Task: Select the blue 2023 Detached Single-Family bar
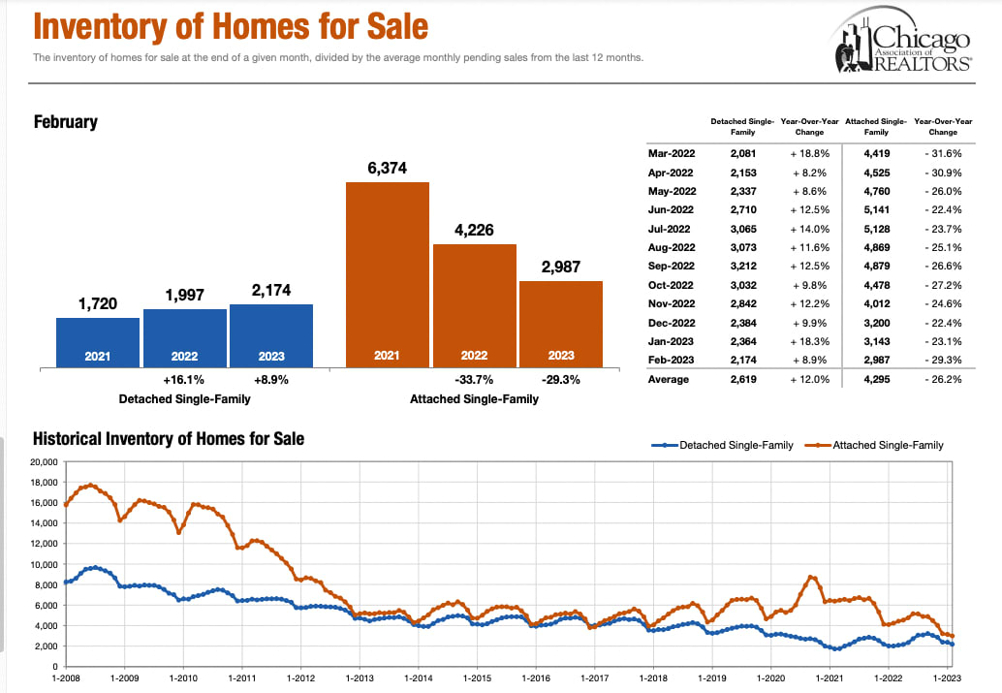(x=270, y=335)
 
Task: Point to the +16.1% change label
(x=184, y=380)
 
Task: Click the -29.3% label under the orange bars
(x=560, y=380)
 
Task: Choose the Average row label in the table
(x=669, y=379)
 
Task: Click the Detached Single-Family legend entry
(x=722, y=445)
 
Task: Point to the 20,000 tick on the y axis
(x=43, y=461)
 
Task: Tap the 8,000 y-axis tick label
(x=47, y=584)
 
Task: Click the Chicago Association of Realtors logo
(x=901, y=44)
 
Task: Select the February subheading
(x=65, y=122)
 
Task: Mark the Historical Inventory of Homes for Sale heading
(x=169, y=439)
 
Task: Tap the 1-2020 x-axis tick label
(x=770, y=677)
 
